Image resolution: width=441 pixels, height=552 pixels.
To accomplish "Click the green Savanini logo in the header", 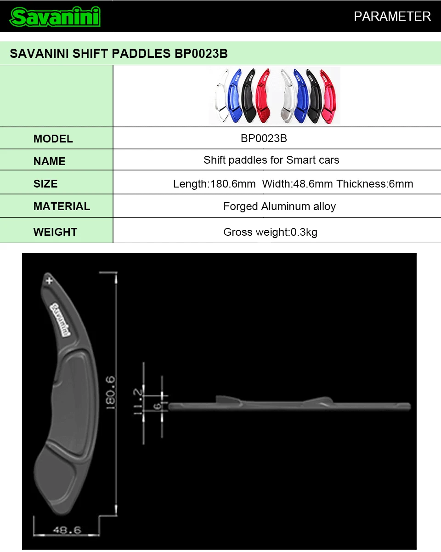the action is point(55,17).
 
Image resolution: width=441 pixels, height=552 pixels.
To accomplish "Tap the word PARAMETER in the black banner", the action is point(392,17).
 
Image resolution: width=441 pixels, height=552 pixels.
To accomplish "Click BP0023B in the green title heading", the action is point(201,54).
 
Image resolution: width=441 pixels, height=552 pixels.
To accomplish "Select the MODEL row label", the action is point(53,139).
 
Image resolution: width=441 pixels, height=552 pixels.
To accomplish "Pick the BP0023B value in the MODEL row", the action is point(264,138).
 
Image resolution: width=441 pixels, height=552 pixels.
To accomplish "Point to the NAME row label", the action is point(49,161).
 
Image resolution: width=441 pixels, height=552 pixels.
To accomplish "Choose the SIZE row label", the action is point(45,184).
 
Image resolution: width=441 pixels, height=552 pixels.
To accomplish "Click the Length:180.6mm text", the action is point(215,184).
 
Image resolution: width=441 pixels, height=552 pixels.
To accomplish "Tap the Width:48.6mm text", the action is point(297,184).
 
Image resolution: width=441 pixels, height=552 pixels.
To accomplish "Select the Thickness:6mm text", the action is point(375,184).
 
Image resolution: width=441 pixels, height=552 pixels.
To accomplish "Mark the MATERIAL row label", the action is point(62,206).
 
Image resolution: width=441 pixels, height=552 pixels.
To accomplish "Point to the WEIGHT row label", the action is point(55,232).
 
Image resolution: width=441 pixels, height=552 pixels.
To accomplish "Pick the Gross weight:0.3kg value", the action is point(270,232).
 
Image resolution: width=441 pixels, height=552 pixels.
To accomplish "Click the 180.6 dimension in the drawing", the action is point(111,393).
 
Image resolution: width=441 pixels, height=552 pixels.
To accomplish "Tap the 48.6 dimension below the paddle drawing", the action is point(67,529).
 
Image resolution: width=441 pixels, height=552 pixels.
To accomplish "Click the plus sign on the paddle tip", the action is point(49,281).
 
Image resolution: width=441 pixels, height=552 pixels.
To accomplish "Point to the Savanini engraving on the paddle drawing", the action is point(60,319).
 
